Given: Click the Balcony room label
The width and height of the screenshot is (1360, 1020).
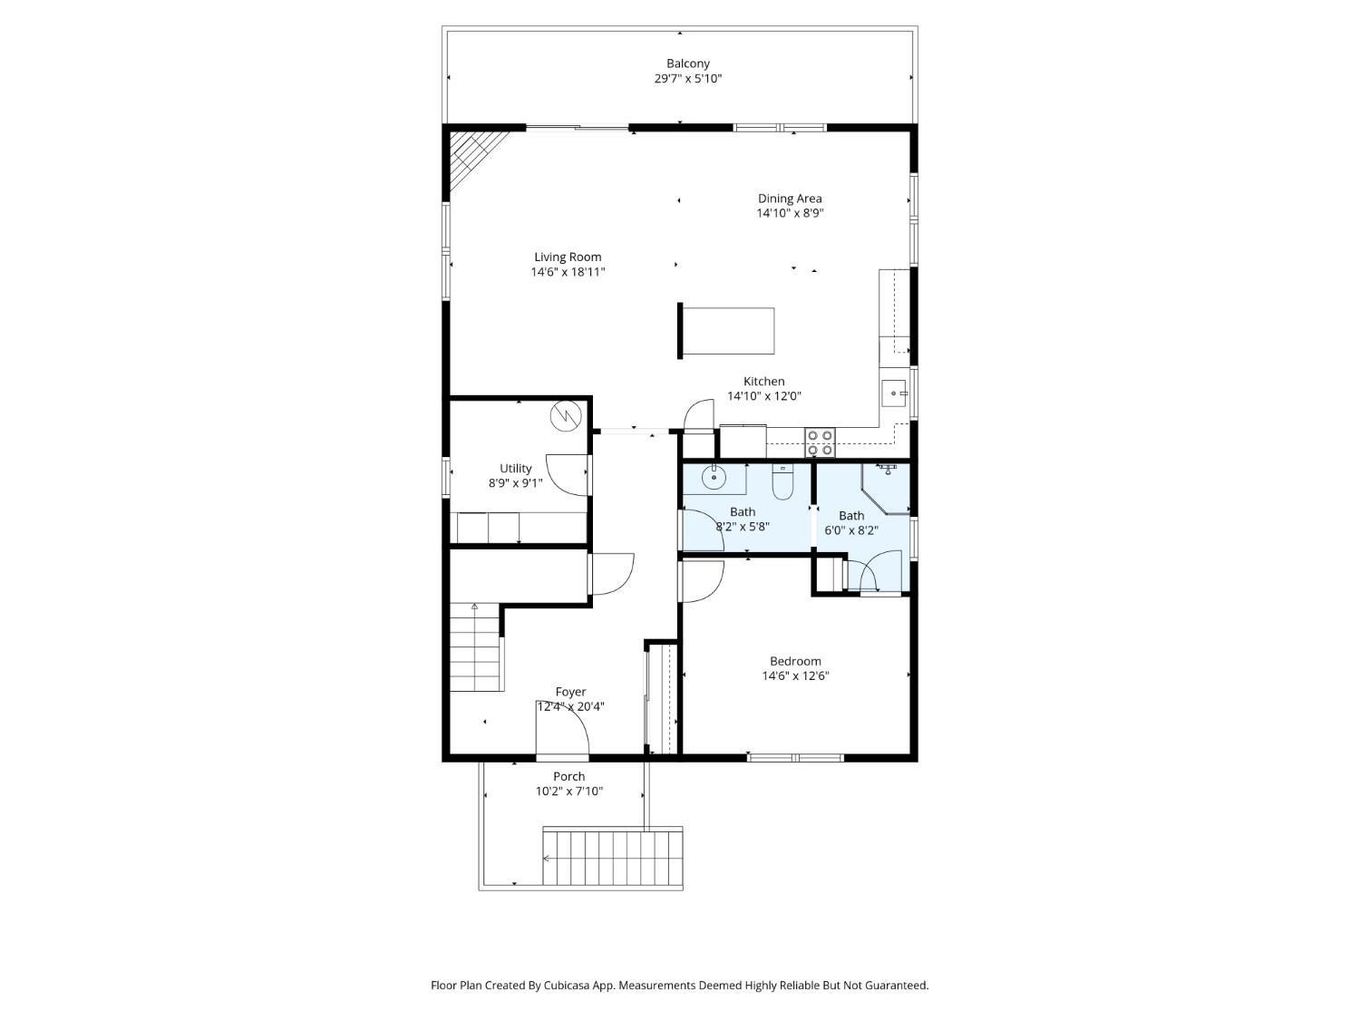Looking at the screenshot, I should coord(688,63).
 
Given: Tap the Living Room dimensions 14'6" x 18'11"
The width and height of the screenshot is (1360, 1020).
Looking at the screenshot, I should coord(568,272).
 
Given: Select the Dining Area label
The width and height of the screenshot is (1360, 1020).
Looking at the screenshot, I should coord(790,199).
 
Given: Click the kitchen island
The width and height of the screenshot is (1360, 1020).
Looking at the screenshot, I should coord(728,331).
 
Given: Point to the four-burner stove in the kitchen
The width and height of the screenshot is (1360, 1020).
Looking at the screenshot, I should coord(821,442).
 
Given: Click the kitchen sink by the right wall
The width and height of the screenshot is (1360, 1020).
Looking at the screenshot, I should coord(894,393).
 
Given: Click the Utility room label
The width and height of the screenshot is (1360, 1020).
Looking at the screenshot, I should coord(516,469).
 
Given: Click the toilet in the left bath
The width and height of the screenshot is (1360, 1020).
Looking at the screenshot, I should coord(782,482).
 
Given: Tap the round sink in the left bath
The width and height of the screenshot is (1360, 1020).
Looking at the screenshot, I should coord(714,477).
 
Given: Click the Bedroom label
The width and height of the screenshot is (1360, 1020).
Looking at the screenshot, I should coord(795,661).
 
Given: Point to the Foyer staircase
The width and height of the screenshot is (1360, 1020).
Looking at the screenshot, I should coord(475,648).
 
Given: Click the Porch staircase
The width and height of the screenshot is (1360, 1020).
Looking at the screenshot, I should coord(612,856).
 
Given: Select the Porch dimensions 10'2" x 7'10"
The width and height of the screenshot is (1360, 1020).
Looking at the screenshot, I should coord(568,792).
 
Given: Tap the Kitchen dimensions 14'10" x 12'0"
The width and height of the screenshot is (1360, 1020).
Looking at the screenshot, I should coord(764,396).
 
